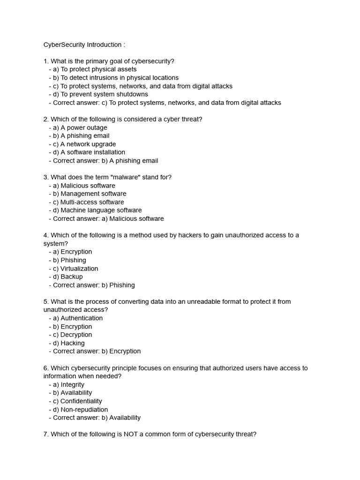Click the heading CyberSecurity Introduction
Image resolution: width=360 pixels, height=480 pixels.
click(84, 45)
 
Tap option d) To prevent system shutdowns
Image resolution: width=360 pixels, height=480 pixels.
click(98, 94)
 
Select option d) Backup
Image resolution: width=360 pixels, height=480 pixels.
click(66, 277)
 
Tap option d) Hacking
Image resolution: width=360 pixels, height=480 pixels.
click(67, 343)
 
